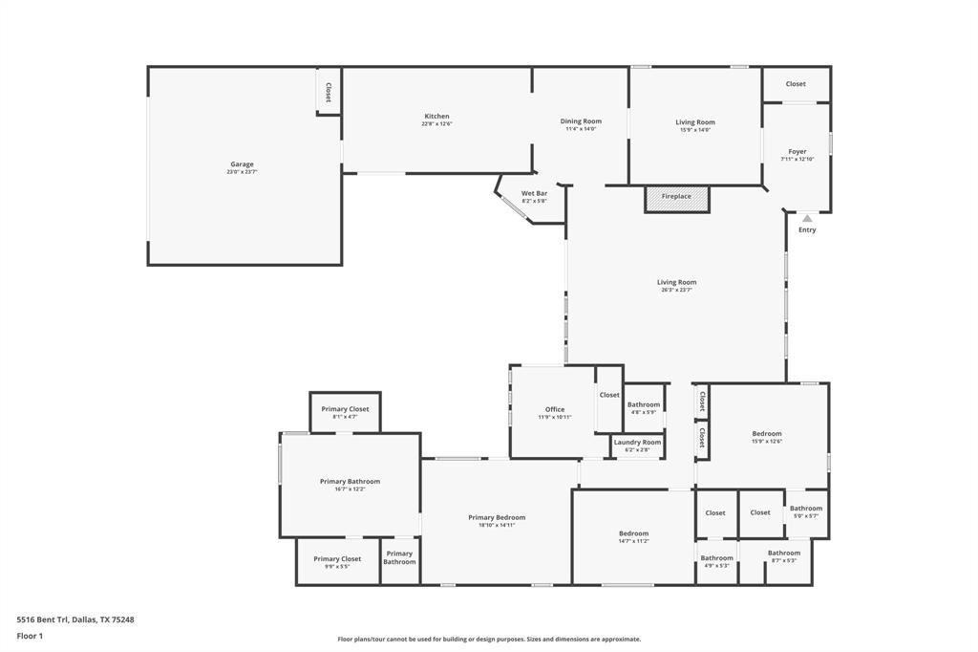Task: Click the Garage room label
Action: pyautogui.click(x=242, y=164)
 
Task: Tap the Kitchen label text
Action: pyautogui.click(x=436, y=117)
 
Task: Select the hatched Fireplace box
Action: pyautogui.click(x=676, y=197)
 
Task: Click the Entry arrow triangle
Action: pyautogui.click(x=807, y=219)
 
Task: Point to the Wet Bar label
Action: pyautogui.click(x=534, y=194)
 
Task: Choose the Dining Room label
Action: pyautogui.click(x=581, y=121)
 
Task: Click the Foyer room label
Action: pyautogui.click(x=797, y=152)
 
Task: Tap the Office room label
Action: pyautogui.click(x=554, y=410)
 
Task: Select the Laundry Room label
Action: pyautogui.click(x=637, y=443)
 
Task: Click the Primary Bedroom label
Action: pyautogui.click(x=497, y=517)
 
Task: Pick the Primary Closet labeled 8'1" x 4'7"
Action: pyautogui.click(x=345, y=409)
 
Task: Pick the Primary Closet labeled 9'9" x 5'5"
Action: pyautogui.click(x=337, y=559)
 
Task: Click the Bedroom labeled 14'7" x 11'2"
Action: pyautogui.click(x=633, y=533)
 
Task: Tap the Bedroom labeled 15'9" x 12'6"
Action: pyautogui.click(x=766, y=434)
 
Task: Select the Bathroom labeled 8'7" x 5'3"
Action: pyautogui.click(x=784, y=553)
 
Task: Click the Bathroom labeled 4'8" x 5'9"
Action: pyautogui.click(x=644, y=404)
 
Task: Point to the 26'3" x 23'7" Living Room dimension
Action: pyautogui.click(x=676, y=290)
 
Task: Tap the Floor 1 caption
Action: pyautogui.click(x=30, y=636)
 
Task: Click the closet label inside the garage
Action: pyautogui.click(x=329, y=92)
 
